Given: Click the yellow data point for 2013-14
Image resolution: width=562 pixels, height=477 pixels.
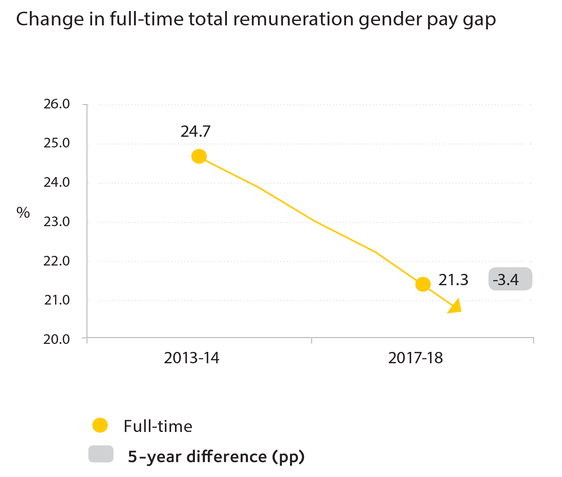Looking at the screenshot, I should (199, 156).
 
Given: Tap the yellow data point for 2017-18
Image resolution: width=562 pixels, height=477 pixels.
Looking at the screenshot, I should (423, 284).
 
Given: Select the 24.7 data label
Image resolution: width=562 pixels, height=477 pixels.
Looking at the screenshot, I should (196, 131).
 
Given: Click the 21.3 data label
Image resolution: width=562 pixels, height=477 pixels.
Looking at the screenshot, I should (453, 280).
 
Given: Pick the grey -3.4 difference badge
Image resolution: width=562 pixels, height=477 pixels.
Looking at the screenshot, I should (510, 279).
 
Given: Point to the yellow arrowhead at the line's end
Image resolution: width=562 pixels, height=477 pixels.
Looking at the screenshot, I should (455, 306).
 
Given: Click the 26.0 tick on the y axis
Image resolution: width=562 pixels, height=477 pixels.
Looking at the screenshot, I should (56, 104).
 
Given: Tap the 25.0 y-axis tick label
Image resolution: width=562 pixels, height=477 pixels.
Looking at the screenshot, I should (56, 143).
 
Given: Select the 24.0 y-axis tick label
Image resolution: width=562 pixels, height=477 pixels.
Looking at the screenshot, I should (56, 182).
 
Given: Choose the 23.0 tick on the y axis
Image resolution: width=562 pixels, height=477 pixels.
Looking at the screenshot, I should (56, 221).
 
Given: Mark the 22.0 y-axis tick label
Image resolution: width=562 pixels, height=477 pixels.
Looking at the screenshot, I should (56, 261).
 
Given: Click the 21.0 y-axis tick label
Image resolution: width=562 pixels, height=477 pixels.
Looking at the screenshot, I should (56, 300).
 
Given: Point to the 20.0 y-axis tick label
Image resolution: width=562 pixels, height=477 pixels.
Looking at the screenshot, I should (56, 339).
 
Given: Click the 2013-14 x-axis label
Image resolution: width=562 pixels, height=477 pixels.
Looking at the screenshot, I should (192, 358).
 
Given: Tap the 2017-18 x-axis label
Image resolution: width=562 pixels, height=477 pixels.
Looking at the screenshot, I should (415, 358).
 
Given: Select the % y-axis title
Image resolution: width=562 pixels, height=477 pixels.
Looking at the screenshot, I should (23, 212).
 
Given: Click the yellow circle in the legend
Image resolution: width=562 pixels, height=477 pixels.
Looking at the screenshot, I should (100, 425).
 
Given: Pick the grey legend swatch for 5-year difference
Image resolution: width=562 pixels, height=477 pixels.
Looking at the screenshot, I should (101, 454).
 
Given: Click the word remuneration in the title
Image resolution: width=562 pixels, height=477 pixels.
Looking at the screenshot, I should (293, 19).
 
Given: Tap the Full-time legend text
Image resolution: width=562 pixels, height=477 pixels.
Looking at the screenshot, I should (158, 426).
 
